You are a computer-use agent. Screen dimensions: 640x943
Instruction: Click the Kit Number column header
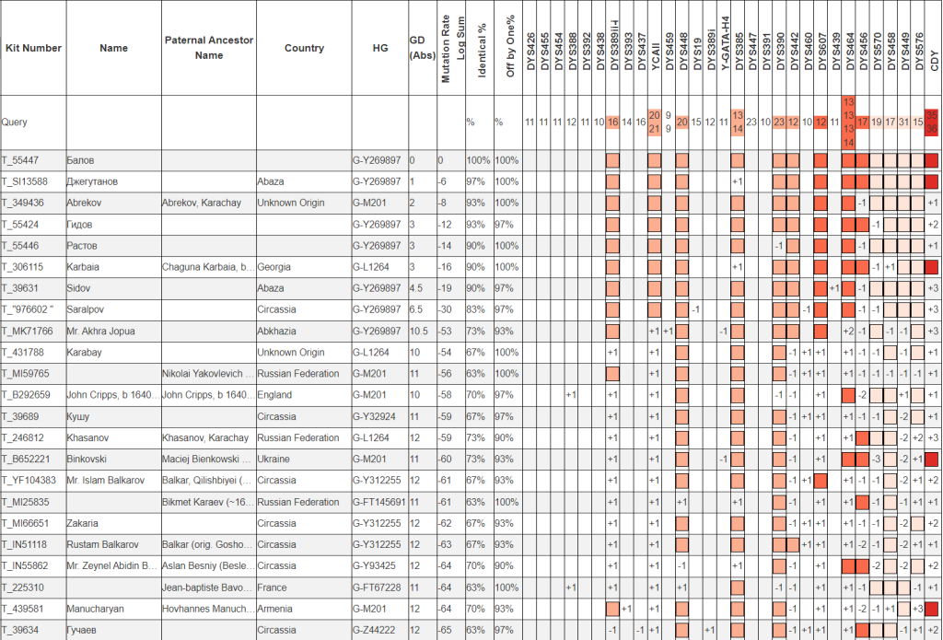coord(33,48)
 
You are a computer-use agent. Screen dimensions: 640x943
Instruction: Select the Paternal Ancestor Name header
coord(209,48)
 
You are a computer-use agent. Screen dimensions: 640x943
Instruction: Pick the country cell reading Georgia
coord(274,267)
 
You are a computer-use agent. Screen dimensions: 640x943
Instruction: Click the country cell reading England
coord(274,395)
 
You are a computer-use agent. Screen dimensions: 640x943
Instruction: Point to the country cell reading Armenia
coord(275,609)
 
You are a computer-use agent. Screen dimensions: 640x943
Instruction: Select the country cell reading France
coord(272,588)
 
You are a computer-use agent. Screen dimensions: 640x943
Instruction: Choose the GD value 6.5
coord(415,309)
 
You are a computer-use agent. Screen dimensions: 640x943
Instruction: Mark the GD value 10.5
coord(418,331)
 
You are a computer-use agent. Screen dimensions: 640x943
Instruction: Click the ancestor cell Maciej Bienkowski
coord(206,459)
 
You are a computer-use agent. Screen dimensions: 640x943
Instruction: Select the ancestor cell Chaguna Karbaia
coord(206,267)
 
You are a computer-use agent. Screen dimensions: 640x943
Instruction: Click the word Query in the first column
coord(15,122)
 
